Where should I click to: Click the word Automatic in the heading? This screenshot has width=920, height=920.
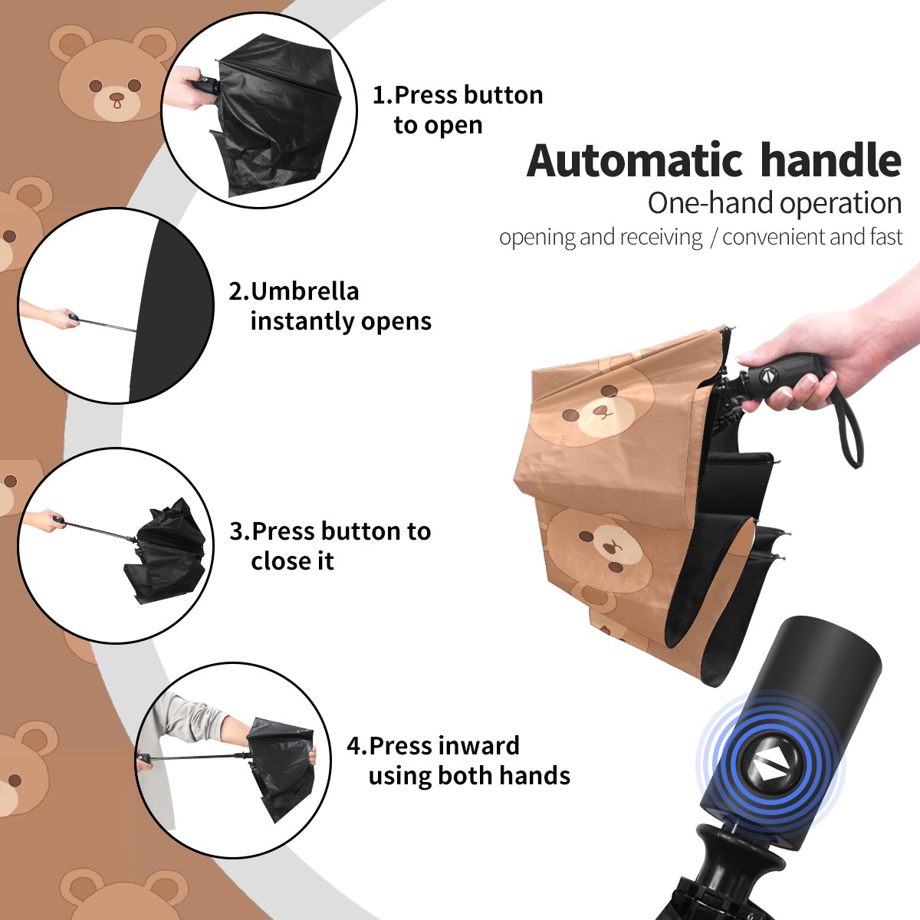click(636, 161)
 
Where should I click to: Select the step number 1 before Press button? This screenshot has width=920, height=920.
click(380, 95)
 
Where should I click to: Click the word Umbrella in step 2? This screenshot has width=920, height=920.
click(304, 291)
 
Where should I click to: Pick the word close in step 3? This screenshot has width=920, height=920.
click(277, 560)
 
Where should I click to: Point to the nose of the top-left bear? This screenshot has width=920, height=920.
click(117, 98)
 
